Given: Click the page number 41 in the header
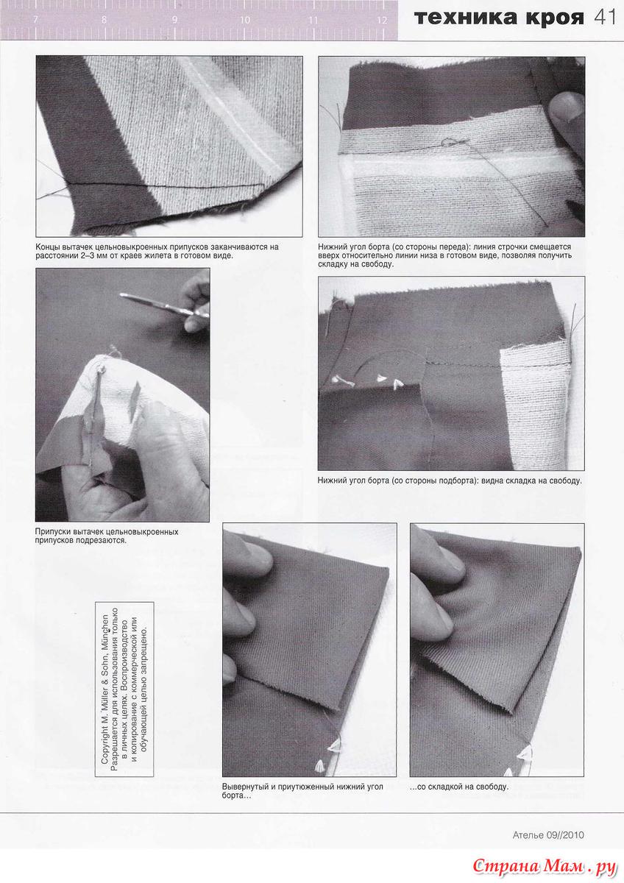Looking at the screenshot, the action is (x=605, y=18).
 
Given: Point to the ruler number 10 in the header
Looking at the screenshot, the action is (x=245, y=20).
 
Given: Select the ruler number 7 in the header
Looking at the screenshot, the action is (x=36, y=20).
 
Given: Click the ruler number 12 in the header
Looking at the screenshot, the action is (x=382, y=20).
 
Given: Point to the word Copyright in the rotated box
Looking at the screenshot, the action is (x=104, y=740).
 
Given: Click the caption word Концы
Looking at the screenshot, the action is (x=46, y=247).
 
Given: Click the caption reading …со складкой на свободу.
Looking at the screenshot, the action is (x=459, y=787).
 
